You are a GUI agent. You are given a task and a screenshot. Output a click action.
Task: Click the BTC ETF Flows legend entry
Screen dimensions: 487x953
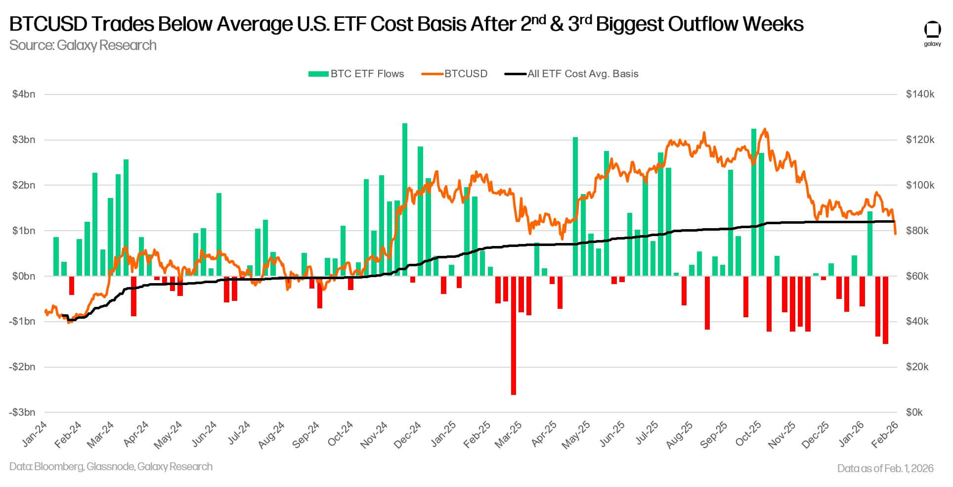pos(356,74)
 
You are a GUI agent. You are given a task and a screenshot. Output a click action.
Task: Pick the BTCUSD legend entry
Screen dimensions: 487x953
pos(454,74)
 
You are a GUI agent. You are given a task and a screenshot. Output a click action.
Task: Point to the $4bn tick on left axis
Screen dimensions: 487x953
pos(24,94)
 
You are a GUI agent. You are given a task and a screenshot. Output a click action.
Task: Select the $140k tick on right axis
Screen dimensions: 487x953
pos(920,94)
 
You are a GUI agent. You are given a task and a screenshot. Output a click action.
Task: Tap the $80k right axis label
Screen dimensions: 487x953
pos(920,231)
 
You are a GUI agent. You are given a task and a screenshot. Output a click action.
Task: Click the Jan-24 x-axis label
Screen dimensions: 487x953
pos(35,434)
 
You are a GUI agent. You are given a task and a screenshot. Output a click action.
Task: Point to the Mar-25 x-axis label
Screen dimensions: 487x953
pos(509,435)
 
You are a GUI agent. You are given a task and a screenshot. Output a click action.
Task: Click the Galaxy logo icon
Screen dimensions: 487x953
pos(932,30)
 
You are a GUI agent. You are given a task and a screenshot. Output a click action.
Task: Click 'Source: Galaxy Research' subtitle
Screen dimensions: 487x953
pos(83,46)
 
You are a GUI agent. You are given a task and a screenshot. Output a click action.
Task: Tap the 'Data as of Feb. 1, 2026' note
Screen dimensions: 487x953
pos(885,468)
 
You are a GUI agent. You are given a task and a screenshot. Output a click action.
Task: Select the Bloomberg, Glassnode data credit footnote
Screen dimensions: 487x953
pos(111,467)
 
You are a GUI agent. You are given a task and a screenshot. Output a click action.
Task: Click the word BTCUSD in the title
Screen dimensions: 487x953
pos(46,24)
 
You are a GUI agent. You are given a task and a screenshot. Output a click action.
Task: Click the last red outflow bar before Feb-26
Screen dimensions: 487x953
pos(885,310)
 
